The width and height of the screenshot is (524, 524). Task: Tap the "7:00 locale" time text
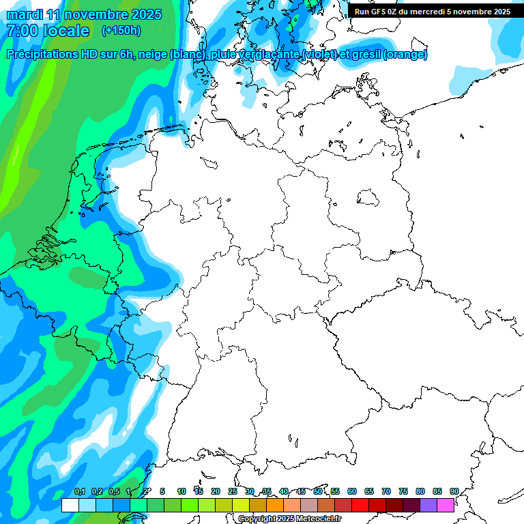[48, 31]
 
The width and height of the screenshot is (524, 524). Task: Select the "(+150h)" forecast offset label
[121, 31]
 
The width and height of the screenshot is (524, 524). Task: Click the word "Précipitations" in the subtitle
[48, 55]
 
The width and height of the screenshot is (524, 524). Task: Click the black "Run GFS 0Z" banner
[433, 11]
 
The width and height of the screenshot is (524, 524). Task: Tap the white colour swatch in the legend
[70, 505]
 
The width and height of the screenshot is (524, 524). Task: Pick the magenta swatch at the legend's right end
[446, 505]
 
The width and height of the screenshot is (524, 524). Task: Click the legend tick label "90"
[454, 491]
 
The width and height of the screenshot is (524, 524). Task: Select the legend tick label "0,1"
[79, 491]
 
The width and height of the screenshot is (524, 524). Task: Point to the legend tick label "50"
[318, 491]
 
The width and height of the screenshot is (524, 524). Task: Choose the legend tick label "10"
[181, 491]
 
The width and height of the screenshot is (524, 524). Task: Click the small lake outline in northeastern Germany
[368, 198]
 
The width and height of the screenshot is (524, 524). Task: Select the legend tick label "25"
[233, 491]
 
